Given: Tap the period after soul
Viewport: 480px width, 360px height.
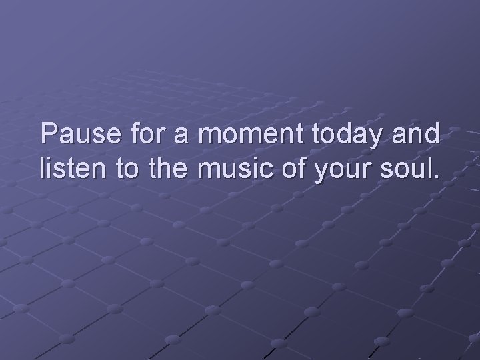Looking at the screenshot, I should (x=436, y=178).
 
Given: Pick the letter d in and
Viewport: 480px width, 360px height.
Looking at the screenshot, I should (x=433, y=135).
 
